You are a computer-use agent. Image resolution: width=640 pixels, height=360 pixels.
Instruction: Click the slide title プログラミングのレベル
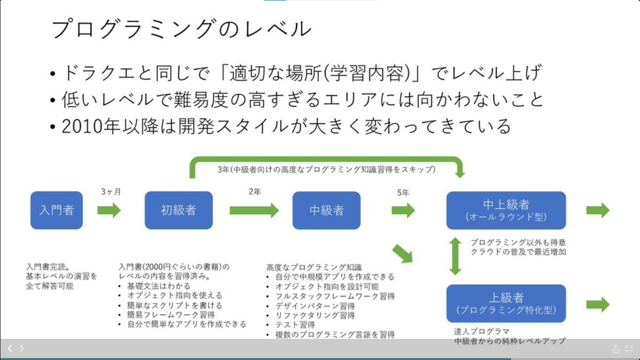click(x=181, y=29)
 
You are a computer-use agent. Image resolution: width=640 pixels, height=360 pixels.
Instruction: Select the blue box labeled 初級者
click(x=179, y=210)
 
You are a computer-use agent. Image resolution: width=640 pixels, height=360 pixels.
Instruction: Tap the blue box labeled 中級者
click(x=326, y=210)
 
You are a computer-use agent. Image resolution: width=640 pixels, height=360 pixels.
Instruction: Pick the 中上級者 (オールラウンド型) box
click(x=506, y=210)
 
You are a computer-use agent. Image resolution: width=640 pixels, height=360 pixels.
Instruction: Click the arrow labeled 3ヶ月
click(x=109, y=210)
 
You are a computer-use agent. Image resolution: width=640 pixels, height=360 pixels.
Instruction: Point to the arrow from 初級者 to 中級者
click(x=254, y=210)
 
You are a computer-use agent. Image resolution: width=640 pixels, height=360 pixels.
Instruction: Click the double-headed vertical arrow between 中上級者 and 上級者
click(x=455, y=256)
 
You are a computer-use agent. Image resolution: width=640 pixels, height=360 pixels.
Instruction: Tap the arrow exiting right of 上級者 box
click(x=597, y=305)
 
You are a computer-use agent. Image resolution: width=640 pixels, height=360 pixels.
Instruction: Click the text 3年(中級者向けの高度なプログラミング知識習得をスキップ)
click(x=326, y=170)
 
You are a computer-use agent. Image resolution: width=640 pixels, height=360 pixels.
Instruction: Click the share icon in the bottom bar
click(x=616, y=349)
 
